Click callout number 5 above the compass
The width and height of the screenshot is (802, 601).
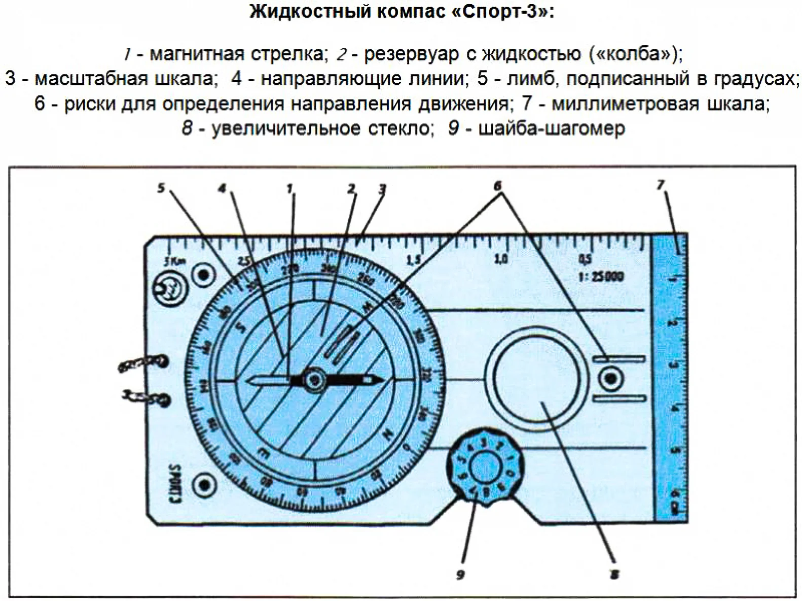161,188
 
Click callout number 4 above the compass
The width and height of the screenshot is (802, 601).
222,188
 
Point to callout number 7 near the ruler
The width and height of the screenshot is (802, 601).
660,185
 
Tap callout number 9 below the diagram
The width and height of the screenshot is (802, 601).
460,575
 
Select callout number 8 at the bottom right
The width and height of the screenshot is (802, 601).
614,575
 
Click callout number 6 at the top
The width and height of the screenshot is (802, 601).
497,186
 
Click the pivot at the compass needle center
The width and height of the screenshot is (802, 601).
314,379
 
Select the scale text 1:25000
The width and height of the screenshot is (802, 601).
601,277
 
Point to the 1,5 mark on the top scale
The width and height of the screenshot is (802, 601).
414,260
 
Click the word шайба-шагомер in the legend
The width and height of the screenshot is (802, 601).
552,128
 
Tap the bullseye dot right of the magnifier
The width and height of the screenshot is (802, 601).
610,379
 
